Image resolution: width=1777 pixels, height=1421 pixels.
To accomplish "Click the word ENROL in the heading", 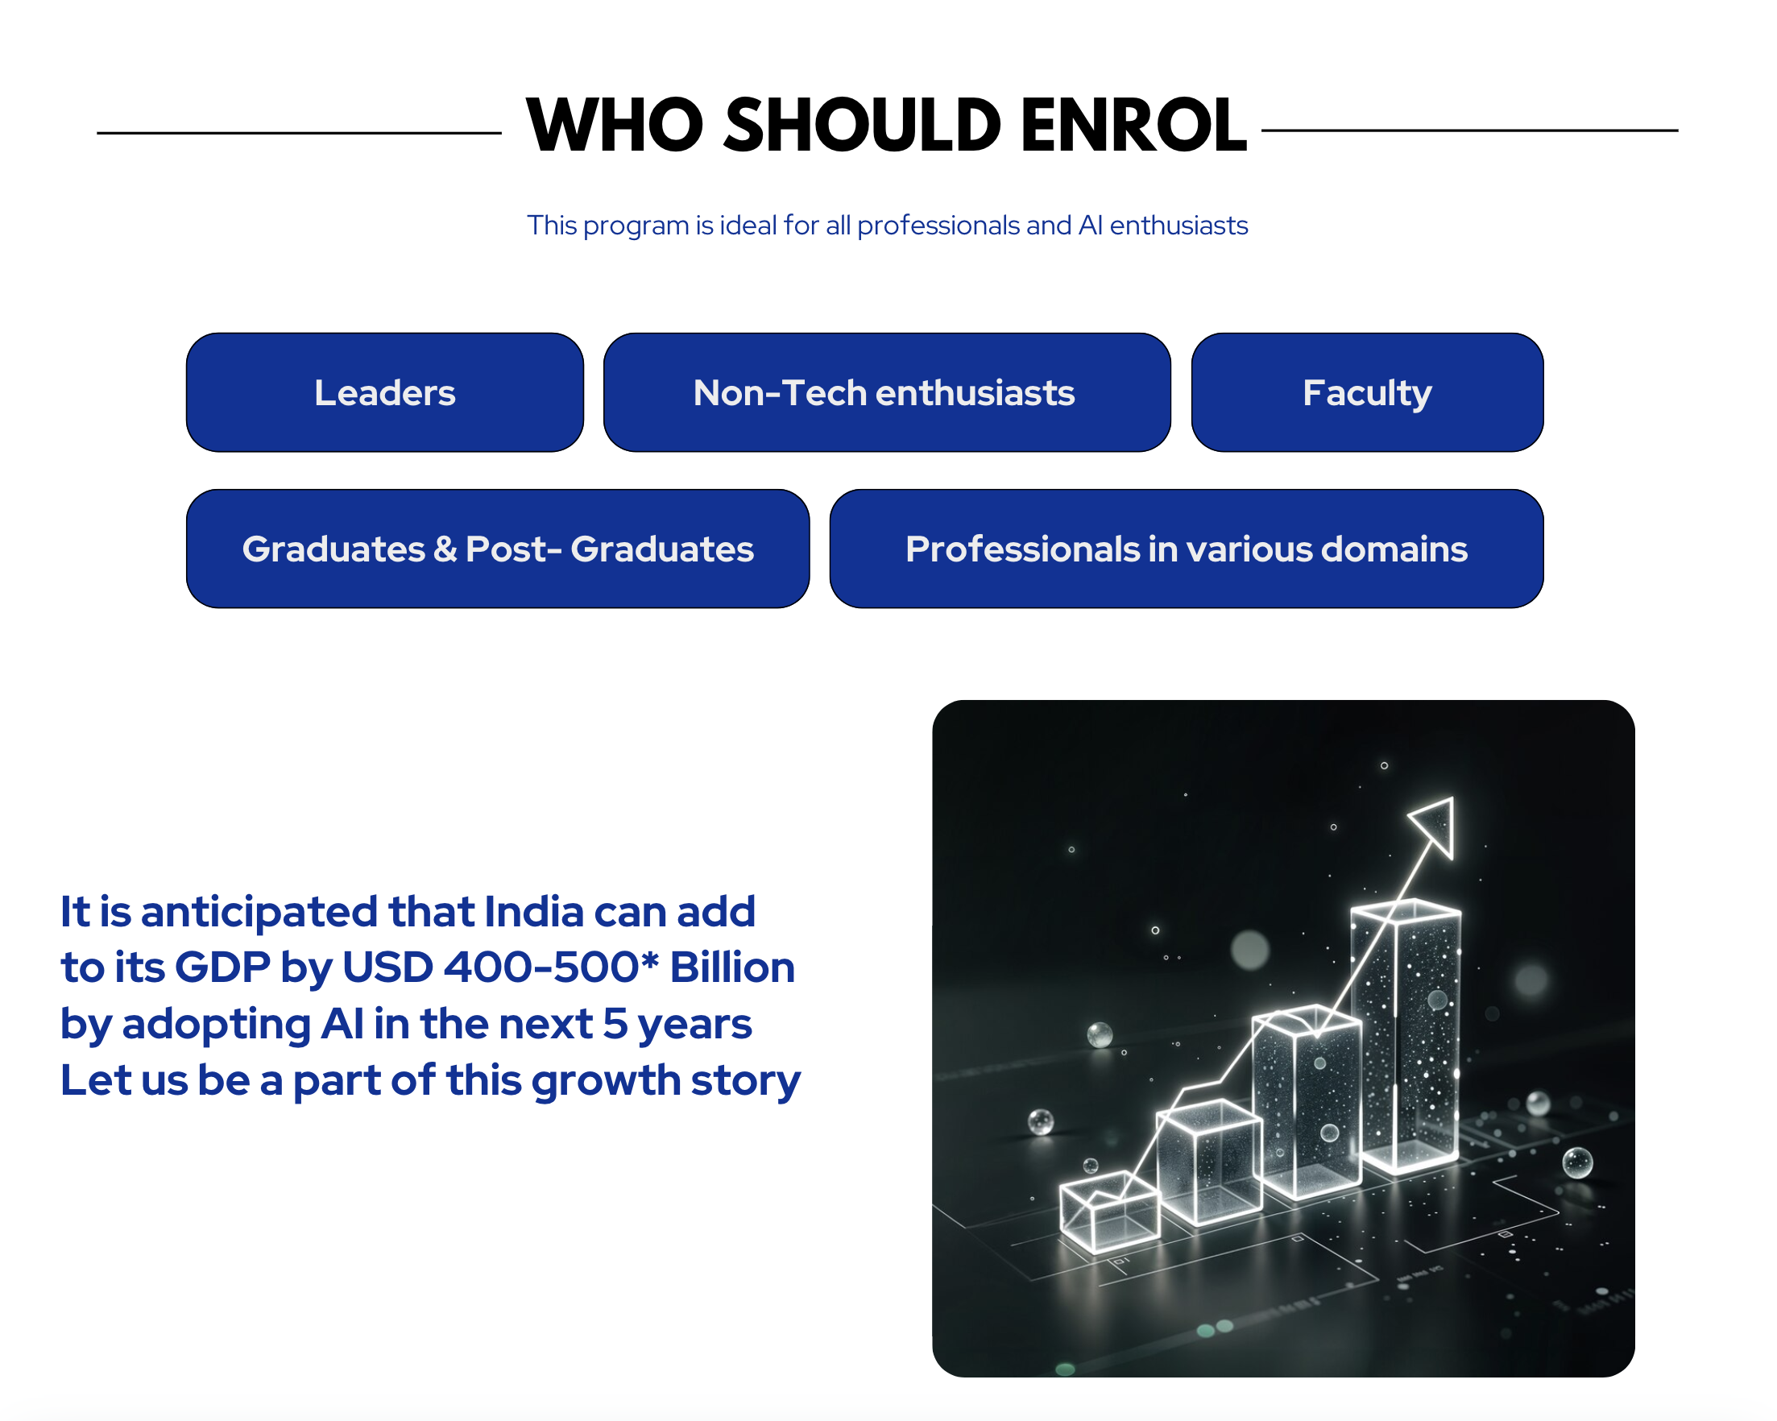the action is pos(1133,126).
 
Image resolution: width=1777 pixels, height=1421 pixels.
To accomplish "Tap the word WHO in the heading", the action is pos(615,126).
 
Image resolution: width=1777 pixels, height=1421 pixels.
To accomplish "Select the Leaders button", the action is pos(385,392).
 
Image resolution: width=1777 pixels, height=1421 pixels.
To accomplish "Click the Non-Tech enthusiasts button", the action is pos(887,392).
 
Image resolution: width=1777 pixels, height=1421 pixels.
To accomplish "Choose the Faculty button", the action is pos(1367,392).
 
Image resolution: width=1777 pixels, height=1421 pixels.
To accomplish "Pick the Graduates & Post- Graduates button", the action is pos(498,549).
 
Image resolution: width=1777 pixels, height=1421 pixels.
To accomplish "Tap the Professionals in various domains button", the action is pos(1187,549).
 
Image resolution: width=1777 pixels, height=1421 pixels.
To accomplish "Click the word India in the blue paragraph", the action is pos(533,912).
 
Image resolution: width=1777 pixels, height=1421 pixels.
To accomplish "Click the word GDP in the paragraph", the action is pos(222,967).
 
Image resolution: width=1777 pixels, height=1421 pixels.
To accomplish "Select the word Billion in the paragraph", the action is pos(732,967).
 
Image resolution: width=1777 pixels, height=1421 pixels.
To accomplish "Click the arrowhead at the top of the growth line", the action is pos(1434,824).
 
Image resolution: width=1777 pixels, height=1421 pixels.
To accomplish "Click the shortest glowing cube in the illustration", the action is pos(1109,1210).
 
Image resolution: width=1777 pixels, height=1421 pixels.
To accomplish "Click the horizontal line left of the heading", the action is pos(299,132).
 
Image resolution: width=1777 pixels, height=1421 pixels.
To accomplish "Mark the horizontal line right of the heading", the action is pos(1469,130).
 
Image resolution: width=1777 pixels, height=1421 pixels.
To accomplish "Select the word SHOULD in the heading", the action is pos(862,126).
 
